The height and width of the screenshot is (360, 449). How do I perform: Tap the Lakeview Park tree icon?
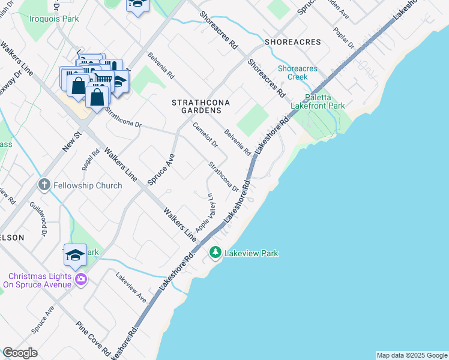(215, 254)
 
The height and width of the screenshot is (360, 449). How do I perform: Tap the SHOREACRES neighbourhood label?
(292, 43)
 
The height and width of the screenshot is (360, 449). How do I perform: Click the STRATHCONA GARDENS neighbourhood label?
(197, 107)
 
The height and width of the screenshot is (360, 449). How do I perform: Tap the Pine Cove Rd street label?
(93, 338)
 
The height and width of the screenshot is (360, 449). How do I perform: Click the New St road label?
(71, 142)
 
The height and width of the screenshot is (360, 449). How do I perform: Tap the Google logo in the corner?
(20, 353)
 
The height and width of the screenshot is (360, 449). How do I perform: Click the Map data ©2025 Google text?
(412, 355)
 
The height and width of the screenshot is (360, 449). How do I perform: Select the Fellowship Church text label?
(88, 185)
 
